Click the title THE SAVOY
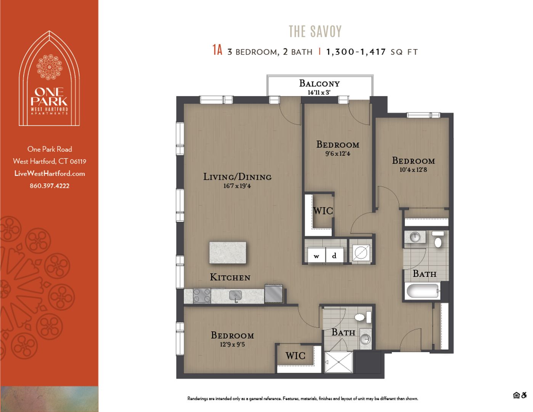315,31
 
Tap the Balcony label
319,84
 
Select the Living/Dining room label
237,177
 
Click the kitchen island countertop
228,253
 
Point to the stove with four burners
202,295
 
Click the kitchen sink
236,295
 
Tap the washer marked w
316,256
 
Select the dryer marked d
334,256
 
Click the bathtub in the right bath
422,291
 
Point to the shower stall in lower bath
338,362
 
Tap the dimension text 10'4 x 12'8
413,170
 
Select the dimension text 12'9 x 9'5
232,344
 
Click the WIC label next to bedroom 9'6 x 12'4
323,211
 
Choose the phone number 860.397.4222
50,186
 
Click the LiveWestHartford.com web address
50,174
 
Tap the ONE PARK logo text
49,97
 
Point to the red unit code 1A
217,50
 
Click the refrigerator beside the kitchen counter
274,293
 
